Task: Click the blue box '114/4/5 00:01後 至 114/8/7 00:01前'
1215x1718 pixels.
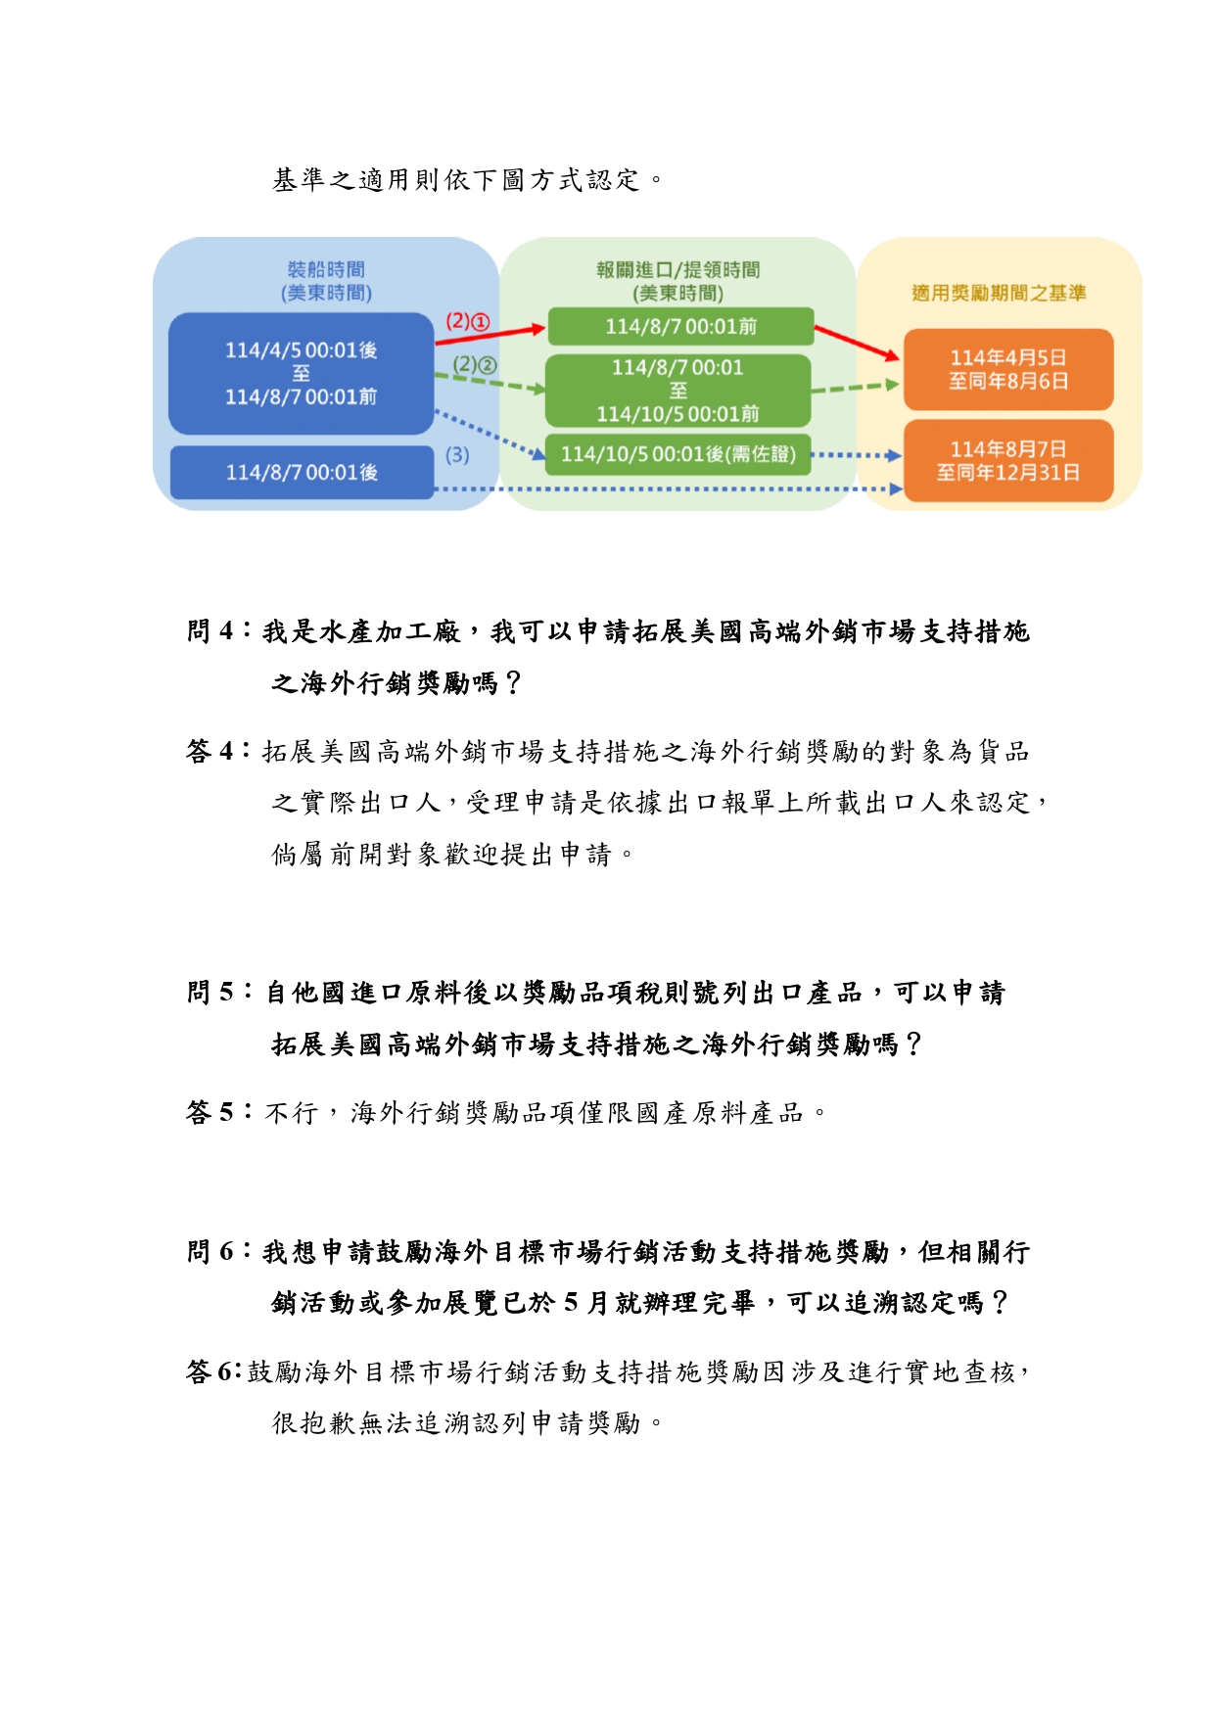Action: [x=301, y=373]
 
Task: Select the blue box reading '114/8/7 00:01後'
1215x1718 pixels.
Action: [x=302, y=472]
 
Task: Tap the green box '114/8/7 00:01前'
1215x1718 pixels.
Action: [x=680, y=326]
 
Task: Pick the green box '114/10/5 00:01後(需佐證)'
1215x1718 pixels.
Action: [x=678, y=454]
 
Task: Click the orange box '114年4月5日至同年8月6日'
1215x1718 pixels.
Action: [x=1007, y=369]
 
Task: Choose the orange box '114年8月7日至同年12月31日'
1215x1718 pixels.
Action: [x=1007, y=461]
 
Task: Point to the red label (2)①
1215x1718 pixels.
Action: [x=467, y=321]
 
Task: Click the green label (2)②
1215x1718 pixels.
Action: [x=475, y=365]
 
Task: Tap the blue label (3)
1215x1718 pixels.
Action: [x=457, y=455]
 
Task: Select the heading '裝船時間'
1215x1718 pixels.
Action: [x=326, y=269]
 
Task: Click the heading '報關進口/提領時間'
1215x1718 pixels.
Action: [x=678, y=269]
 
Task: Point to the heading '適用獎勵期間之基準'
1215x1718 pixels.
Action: [x=999, y=293]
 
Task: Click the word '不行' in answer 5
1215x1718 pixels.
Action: [x=291, y=1113]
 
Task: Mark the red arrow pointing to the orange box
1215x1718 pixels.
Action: [x=857, y=343]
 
